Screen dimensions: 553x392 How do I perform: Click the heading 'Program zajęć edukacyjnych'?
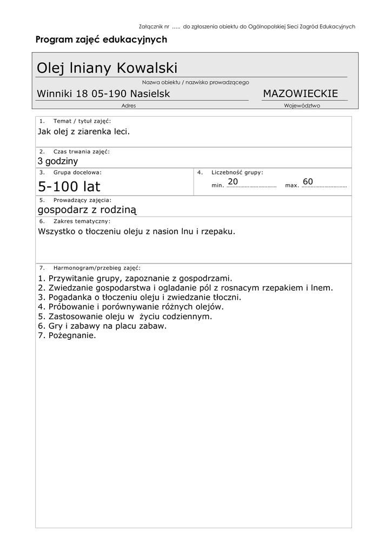pos(101,39)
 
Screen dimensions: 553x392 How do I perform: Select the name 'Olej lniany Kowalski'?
pos(107,68)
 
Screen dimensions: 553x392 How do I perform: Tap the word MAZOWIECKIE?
pos(300,94)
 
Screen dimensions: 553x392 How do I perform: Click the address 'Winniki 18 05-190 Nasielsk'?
pos(103,94)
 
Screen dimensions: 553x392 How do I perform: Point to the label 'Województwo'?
pos(302,106)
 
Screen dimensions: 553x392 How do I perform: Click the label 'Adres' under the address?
pos(129,106)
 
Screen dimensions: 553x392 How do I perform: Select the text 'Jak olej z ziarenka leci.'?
pos(84,131)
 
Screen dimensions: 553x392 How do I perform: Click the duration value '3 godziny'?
pos(58,161)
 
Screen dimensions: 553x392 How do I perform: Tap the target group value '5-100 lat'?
pos(69,187)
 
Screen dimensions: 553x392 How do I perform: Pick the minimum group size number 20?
pos(233,181)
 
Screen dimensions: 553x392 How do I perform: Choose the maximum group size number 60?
pos(308,181)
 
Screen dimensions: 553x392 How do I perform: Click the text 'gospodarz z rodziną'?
pos(88,210)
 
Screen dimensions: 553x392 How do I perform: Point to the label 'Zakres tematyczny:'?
pos(82,221)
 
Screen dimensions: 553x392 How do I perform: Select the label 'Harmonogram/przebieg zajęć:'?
pos(97,267)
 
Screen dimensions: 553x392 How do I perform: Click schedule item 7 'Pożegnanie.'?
pos(67,335)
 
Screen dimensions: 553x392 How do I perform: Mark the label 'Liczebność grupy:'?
pos(237,172)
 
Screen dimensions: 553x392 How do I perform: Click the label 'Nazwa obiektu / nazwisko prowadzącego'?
pos(195,83)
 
